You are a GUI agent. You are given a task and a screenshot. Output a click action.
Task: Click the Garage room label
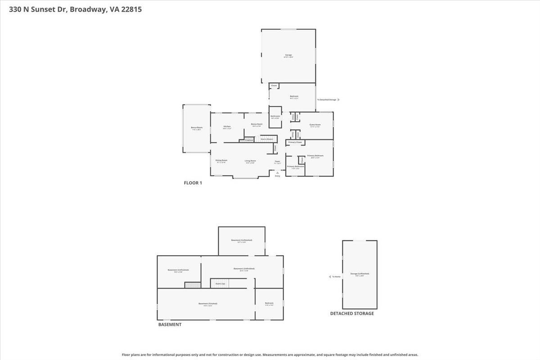(288, 55)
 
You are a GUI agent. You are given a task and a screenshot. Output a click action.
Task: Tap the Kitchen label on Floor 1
(227, 126)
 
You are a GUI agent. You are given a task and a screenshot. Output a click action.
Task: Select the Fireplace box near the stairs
(249, 140)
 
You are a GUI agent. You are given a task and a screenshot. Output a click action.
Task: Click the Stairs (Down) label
(267, 139)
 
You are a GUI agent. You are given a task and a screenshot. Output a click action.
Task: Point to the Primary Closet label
(295, 142)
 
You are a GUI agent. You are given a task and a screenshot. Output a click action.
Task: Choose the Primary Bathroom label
(296, 166)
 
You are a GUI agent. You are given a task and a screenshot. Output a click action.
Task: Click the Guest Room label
(315, 125)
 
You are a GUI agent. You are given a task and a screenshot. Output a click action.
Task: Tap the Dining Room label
(221, 160)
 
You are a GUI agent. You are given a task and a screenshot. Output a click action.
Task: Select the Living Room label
(250, 161)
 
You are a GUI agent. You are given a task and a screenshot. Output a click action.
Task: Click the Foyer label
(278, 161)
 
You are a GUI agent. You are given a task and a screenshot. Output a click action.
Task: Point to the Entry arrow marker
(277, 172)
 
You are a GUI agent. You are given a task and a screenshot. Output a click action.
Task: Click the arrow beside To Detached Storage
(338, 100)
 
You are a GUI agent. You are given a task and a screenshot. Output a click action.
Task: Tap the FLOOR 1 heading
(193, 183)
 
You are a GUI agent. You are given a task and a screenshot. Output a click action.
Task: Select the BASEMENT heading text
(170, 324)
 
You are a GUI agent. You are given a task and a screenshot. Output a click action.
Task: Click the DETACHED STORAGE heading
(352, 314)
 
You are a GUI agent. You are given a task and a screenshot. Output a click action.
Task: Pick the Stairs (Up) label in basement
(220, 283)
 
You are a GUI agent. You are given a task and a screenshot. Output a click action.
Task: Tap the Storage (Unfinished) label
(360, 274)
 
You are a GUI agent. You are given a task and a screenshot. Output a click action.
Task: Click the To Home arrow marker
(330, 277)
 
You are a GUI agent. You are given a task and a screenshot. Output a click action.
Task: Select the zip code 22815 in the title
(131, 9)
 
